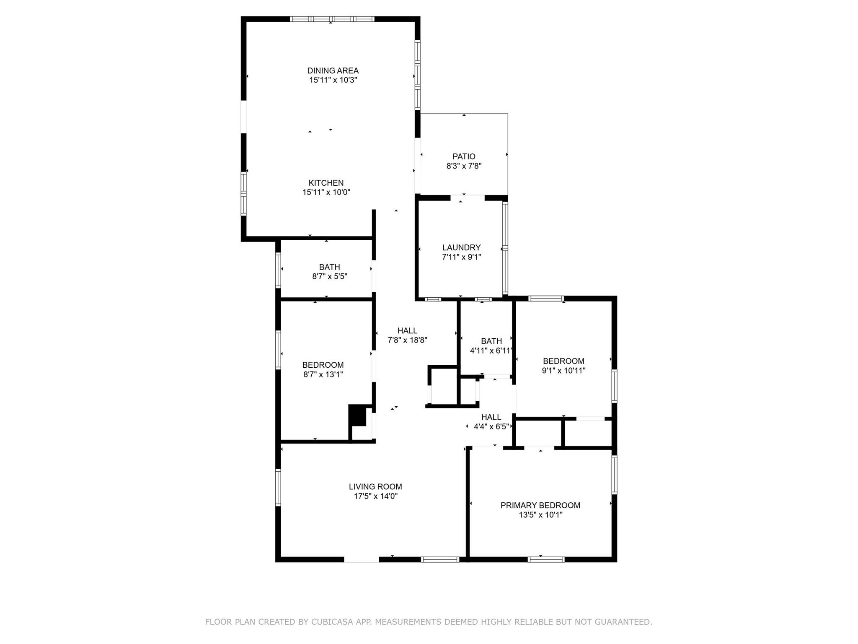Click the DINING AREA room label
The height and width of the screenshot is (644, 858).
(x=333, y=71)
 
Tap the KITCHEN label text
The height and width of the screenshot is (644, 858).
(x=326, y=183)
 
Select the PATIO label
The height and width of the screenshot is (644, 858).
(x=464, y=157)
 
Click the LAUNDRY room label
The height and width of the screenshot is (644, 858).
(x=461, y=248)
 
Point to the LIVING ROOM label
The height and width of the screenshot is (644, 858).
(x=375, y=487)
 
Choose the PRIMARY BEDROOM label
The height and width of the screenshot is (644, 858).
(x=540, y=506)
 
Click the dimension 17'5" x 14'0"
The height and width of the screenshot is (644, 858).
(x=375, y=496)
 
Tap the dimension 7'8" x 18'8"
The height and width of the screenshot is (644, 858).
(x=407, y=340)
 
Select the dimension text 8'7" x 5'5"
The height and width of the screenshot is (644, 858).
(x=330, y=277)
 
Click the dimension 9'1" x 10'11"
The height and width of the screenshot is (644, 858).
(x=563, y=371)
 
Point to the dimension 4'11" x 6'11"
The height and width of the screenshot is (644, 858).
(x=491, y=351)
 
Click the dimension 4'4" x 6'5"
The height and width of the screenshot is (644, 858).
(x=491, y=427)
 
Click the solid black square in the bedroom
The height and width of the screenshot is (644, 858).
(x=357, y=415)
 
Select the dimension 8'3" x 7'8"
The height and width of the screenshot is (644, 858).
(x=464, y=166)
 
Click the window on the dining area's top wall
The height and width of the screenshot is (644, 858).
(x=332, y=19)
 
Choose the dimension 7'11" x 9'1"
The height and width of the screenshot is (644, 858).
(x=461, y=257)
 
